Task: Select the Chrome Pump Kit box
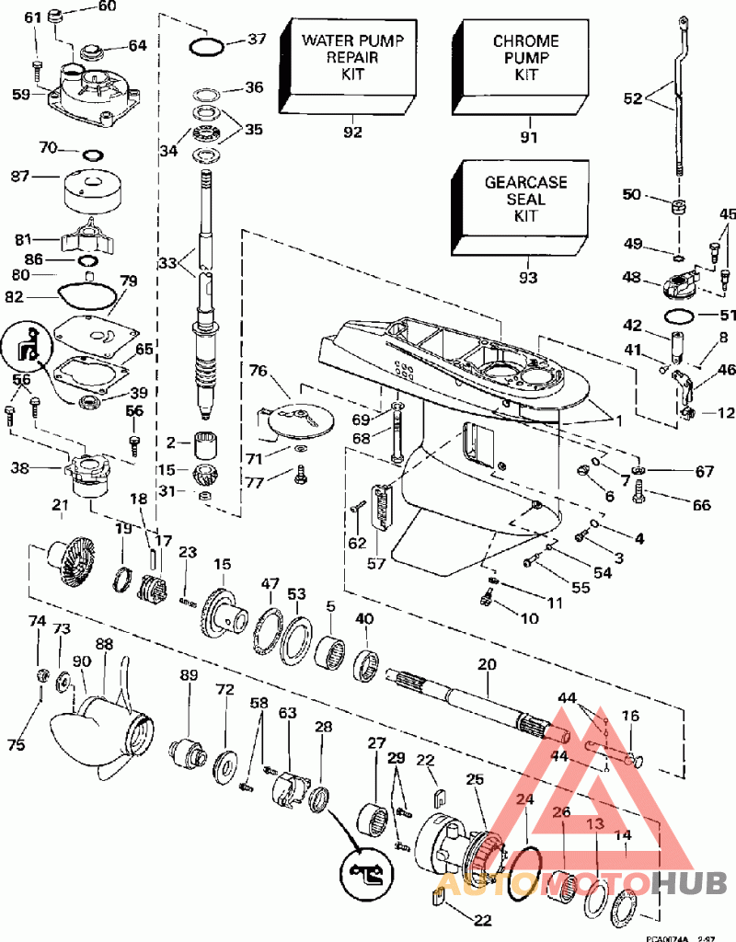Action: [x=525, y=58]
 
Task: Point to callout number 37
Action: [x=256, y=39]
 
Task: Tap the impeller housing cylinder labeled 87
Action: [x=90, y=190]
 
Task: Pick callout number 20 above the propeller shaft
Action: [x=487, y=664]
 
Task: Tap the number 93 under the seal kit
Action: [x=527, y=276]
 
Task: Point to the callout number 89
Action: [x=189, y=676]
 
